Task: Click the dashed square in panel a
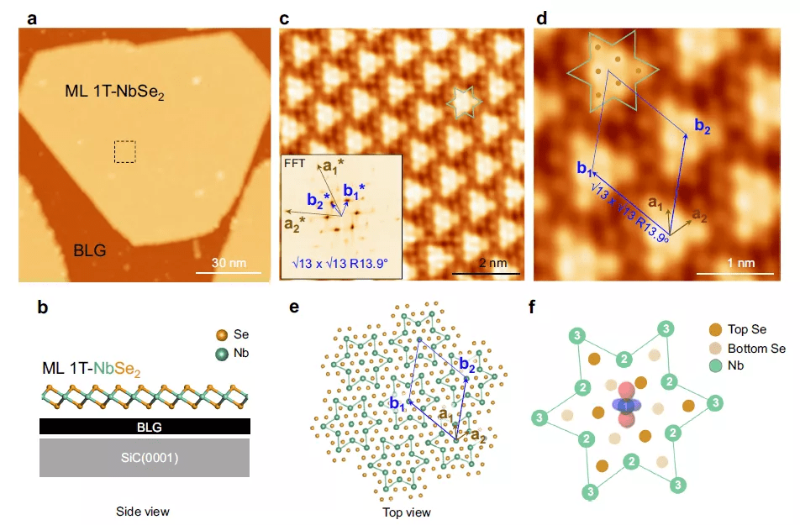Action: pos(114,151)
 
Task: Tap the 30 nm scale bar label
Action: pos(229,263)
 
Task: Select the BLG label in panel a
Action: pos(90,250)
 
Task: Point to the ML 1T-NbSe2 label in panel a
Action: pos(115,92)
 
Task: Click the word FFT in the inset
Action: pos(294,163)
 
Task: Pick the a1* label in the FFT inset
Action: pos(334,165)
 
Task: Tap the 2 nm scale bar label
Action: pos(492,263)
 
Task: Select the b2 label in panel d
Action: pos(703,125)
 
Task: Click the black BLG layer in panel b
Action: pos(145,427)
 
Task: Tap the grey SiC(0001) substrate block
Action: pos(145,458)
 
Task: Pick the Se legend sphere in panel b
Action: pos(222,335)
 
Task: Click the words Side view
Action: pos(142,512)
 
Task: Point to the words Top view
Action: pos(406,512)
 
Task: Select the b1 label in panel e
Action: pos(397,403)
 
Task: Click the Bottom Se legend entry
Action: pos(746,349)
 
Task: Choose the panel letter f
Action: pos(532,307)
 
